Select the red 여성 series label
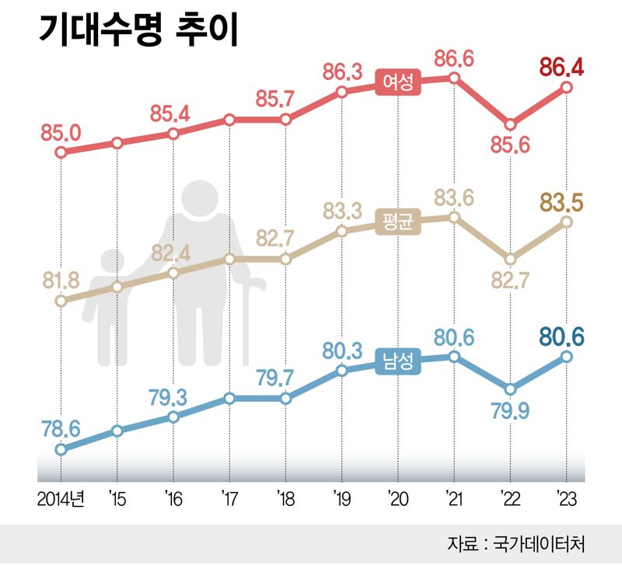[x=397, y=82]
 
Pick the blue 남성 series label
[x=397, y=361]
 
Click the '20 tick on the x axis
[x=397, y=496]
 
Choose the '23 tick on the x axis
[x=566, y=496]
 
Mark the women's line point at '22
[x=510, y=124]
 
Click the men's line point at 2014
[x=61, y=449]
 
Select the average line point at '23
[x=566, y=222]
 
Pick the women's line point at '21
[x=454, y=78]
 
